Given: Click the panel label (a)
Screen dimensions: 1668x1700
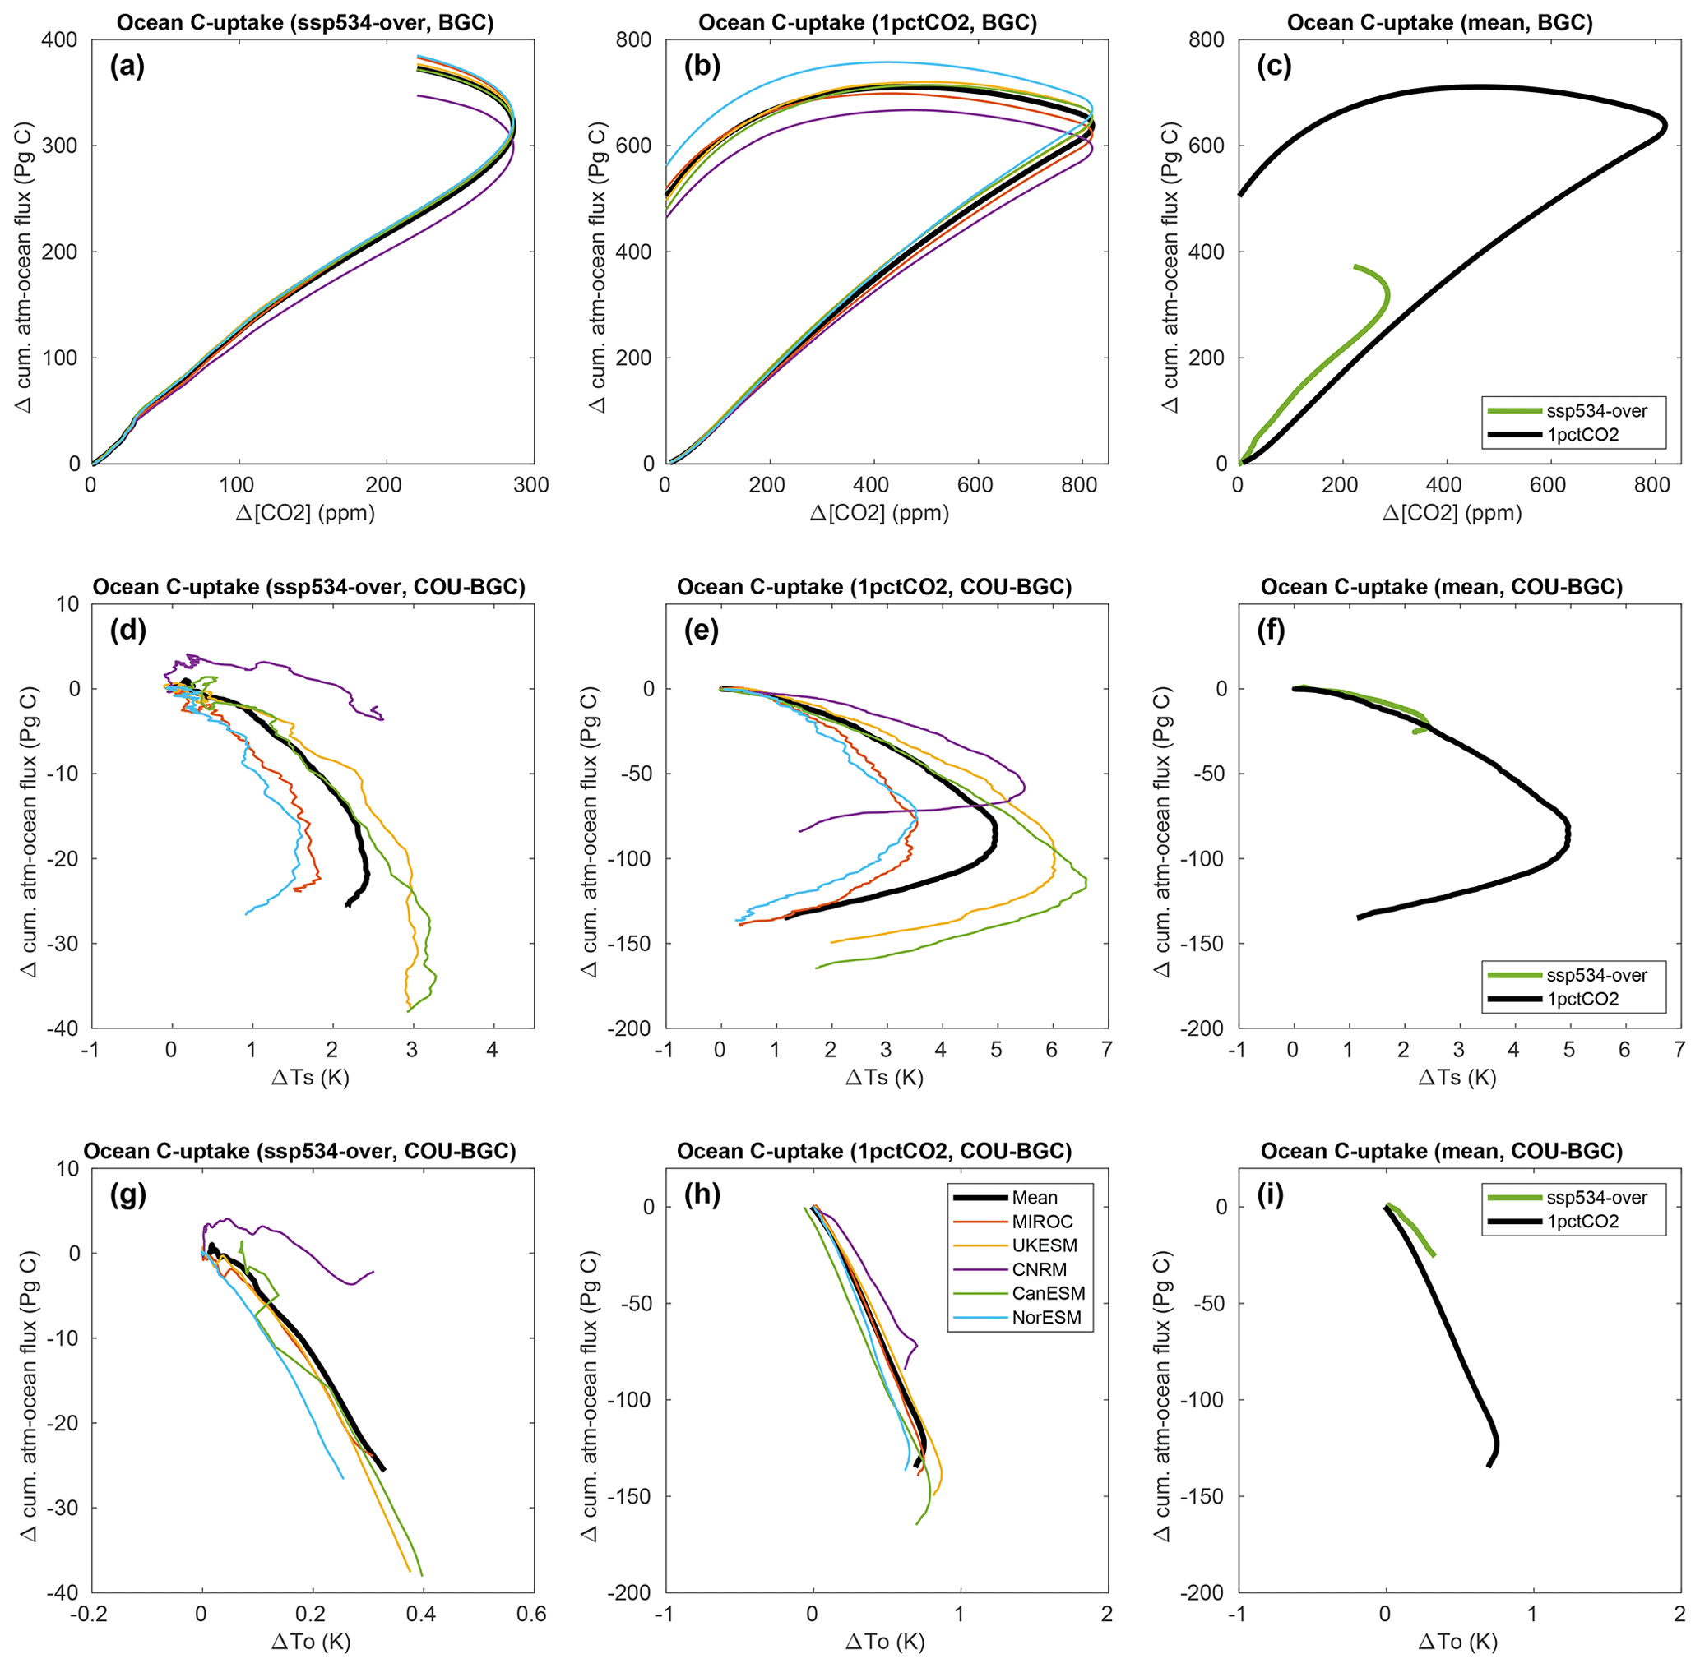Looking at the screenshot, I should point(127,67).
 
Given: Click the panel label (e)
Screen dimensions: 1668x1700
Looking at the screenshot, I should point(701,631).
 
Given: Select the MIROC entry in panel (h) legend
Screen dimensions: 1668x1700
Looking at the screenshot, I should point(1042,1222).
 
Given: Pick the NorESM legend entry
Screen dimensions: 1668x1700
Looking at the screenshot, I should point(1046,1318).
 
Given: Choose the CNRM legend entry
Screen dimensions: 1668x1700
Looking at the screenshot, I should point(1040,1269).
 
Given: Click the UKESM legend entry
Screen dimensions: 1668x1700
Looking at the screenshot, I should point(1045,1245).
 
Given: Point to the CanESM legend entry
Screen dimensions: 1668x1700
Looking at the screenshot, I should point(1048,1294).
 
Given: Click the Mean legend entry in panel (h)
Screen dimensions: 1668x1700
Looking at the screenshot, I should point(1034,1198).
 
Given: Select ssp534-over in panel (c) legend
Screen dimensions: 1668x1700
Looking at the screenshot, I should point(1596,411).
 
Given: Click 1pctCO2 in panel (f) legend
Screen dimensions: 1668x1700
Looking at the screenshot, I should point(1582,999).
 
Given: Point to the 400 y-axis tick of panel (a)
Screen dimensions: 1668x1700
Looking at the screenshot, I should point(58,40).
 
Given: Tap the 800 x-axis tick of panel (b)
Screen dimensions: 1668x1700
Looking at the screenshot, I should point(1079,486).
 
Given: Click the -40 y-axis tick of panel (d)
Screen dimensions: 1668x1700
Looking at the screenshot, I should point(63,1028).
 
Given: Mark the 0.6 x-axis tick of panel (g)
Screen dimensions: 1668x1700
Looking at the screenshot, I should point(531,1614).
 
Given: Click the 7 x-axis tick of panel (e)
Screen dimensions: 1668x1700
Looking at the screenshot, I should point(1107,1050).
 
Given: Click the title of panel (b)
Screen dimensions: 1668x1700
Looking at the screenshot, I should point(868,23).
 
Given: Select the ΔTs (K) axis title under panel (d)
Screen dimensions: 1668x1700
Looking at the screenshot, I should point(310,1078).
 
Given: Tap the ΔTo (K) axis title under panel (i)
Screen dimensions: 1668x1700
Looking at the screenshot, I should point(1458,1642).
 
